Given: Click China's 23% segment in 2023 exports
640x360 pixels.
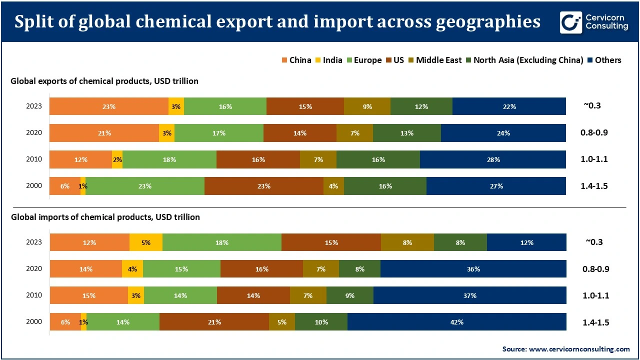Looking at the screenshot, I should pyautogui.click(x=109, y=106).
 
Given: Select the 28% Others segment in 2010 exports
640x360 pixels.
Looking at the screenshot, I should pyautogui.click(x=493, y=159).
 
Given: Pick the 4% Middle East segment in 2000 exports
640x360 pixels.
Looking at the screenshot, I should pyautogui.click(x=333, y=186).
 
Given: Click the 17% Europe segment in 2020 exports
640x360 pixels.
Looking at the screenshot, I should pyautogui.click(x=218, y=133).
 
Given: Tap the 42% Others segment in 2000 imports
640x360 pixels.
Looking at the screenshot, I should pyautogui.click(x=456, y=322).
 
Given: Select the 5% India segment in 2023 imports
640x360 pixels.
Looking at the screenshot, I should pyautogui.click(x=146, y=242).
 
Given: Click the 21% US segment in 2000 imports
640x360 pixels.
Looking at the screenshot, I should pyautogui.click(x=214, y=322).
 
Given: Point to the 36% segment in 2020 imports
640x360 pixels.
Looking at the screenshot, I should pyautogui.click(x=473, y=269).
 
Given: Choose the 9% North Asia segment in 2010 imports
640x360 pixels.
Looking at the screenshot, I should pyautogui.click(x=349, y=295).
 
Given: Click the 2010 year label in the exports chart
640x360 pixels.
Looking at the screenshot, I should pyautogui.click(x=34, y=159).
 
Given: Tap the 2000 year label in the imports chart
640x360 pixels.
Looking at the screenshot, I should pyautogui.click(x=34, y=322).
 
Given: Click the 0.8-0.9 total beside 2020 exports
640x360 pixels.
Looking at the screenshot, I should pyautogui.click(x=595, y=133).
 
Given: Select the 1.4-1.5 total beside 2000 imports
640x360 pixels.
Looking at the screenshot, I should pyautogui.click(x=595, y=322).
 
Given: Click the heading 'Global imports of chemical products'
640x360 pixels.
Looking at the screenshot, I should pyautogui.click(x=105, y=217).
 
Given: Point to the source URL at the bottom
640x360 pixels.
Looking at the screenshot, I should pyautogui.click(x=566, y=349).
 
